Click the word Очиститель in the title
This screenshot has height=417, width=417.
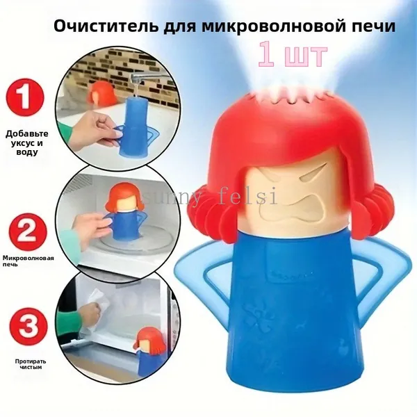point(106,26)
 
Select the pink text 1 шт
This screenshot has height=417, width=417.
point(292,56)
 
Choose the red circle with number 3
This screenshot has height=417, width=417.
point(27,327)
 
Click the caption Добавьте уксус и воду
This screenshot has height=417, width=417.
point(27,142)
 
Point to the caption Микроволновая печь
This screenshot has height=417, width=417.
point(28,261)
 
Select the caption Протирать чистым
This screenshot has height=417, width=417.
point(31,364)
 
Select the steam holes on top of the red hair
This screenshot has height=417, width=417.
point(289,97)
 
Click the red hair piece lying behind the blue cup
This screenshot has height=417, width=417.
point(101,95)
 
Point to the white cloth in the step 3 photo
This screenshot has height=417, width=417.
point(95,302)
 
